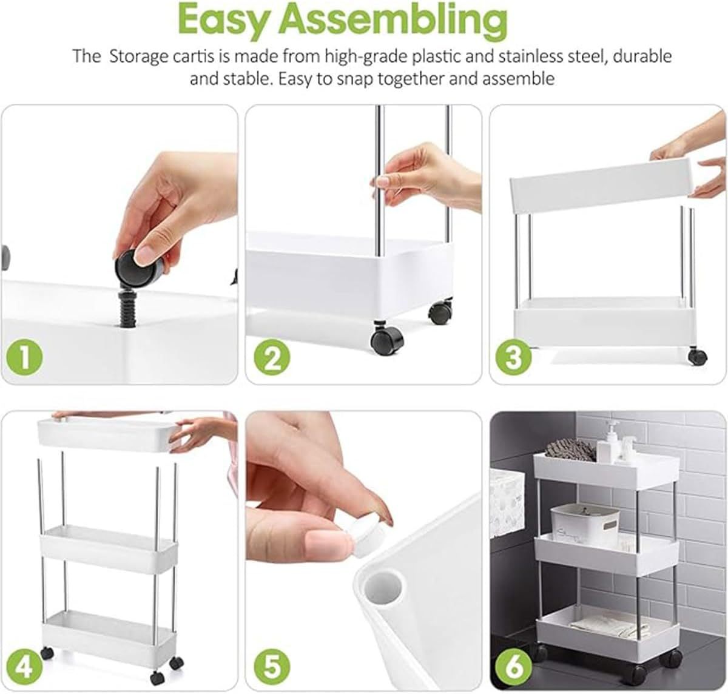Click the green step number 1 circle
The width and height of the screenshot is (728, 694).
(25, 358)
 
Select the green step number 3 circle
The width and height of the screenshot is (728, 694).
(513, 358)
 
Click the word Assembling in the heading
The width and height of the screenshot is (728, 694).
(396, 21)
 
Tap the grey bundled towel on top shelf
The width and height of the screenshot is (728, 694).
(570, 450)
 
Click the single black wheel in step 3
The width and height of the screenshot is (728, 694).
(698, 356)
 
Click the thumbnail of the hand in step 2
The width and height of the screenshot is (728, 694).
(425, 173)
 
